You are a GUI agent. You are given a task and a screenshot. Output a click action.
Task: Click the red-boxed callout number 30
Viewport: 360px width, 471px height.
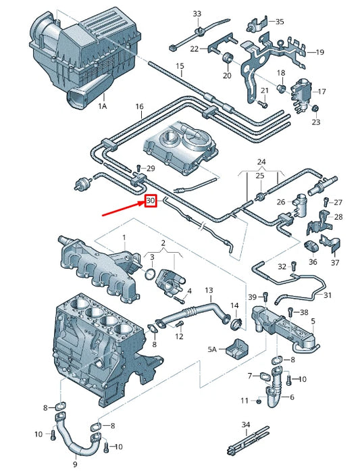pos(151,201)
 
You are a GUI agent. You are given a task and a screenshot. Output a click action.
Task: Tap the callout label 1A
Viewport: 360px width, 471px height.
pos(103,107)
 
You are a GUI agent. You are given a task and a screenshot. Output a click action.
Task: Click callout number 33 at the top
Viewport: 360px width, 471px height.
pos(197,14)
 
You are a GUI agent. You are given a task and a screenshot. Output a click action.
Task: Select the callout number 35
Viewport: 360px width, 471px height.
pos(280,22)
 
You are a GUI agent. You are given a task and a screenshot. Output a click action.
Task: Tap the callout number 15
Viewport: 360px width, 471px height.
pos(180,66)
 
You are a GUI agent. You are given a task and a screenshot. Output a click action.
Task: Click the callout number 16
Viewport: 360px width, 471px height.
pos(139,107)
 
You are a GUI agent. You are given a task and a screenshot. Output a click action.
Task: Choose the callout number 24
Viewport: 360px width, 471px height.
pos(262,162)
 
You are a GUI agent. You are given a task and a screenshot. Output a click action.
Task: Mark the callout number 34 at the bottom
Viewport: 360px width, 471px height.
pos(246,424)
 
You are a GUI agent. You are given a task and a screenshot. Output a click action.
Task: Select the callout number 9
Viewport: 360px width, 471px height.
pos(75,464)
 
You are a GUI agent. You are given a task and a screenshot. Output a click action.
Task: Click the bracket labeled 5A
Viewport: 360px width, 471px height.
pos(236,349)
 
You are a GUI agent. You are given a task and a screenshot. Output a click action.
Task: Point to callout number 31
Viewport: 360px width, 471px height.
pos(328,295)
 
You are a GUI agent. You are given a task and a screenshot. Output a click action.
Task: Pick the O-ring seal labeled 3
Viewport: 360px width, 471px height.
pos(151,275)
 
